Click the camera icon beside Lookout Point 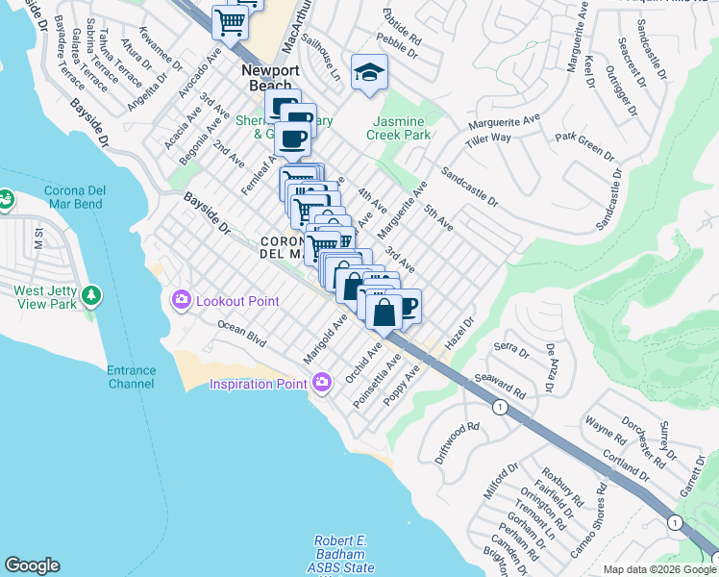(182, 301)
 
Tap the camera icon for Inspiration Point (321, 384)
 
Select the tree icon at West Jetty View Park (91, 293)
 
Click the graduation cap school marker (368, 72)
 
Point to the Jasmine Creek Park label (398, 129)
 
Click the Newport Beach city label (270, 78)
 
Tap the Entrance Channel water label (131, 377)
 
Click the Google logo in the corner (32, 565)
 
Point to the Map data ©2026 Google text (659, 569)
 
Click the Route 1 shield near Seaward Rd (499, 408)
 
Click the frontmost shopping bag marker (384, 313)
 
